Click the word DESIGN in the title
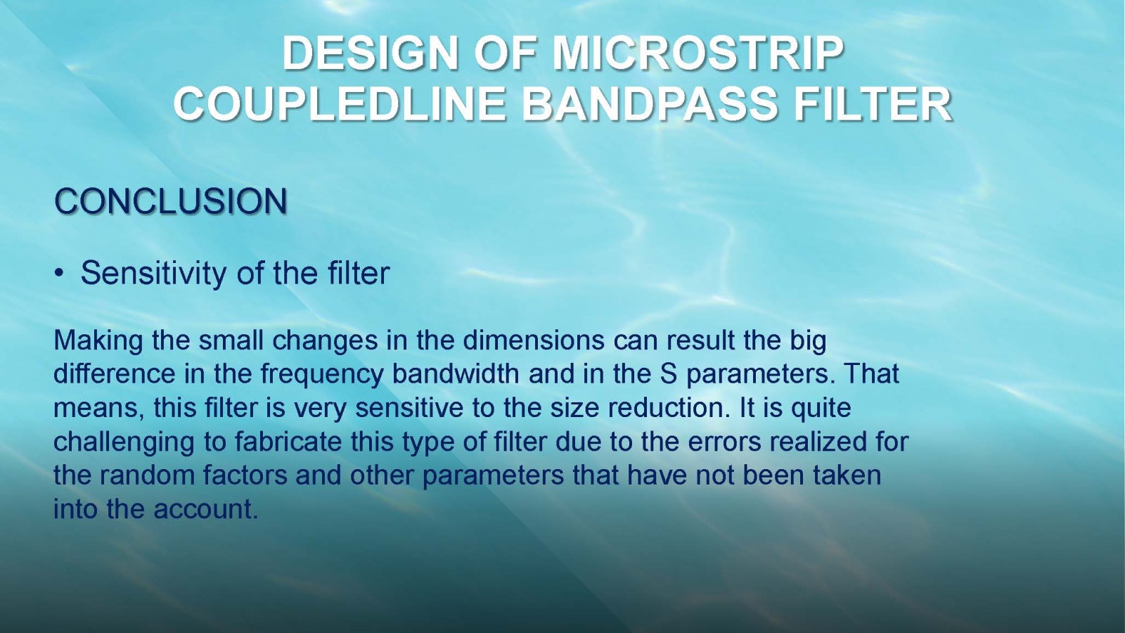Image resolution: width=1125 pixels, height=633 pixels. coord(370,53)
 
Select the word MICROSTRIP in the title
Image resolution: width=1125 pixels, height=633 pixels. coord(697,53)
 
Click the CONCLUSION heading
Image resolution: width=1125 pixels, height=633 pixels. coord(171,201)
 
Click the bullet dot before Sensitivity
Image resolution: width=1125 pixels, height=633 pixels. coord(60,274)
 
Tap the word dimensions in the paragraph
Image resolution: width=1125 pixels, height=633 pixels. coord(534,340)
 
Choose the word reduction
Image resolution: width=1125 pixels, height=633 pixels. coord(669,407)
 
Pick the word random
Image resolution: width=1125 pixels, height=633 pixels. coord(147,475)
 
